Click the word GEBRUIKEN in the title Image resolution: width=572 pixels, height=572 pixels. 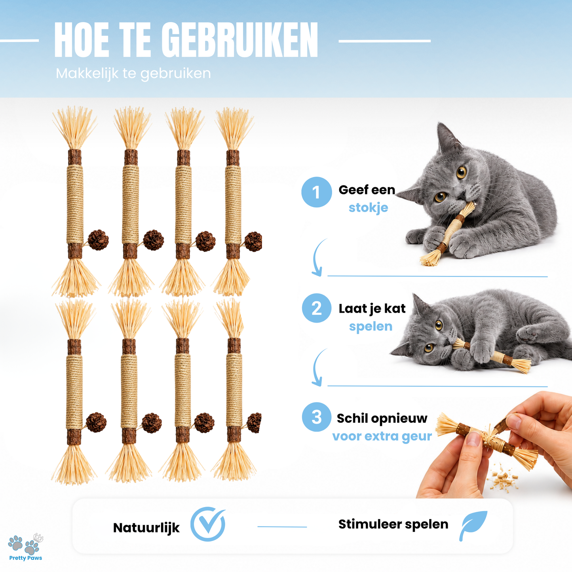(x=239, y=40)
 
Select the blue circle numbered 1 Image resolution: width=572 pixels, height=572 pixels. (x=316, y=192)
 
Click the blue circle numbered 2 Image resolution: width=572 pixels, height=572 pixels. (x=316, y=308)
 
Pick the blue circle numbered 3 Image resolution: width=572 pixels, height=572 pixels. (x=316, y=417)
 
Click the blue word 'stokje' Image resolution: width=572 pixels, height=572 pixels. (x=369, y=207)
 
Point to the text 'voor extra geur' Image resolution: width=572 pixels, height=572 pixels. (x=382, y=436)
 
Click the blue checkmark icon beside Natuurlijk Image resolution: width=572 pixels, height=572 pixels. (x=208, y=524)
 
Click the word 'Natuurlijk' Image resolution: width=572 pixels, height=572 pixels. (x=146, y=528)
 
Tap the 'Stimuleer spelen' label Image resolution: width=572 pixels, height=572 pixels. (x=393, y=524)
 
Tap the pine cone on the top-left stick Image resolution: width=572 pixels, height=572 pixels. (x=98, y=240)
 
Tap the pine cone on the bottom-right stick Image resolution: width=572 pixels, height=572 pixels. (x=255, y=423)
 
